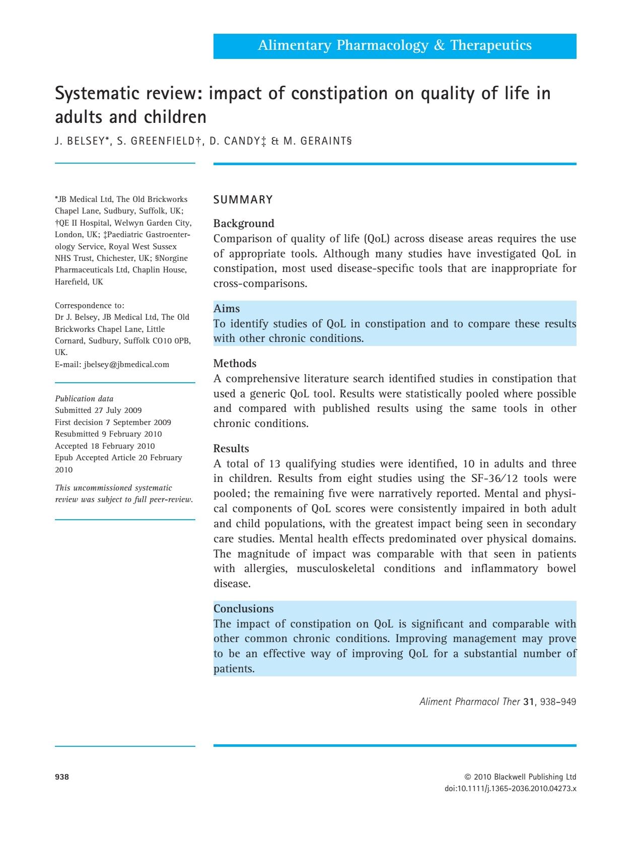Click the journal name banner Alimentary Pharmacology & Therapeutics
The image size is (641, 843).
[x=394, y=46]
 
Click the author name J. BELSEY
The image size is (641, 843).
[x=81, y=142]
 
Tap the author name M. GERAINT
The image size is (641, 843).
[x=316, y=142]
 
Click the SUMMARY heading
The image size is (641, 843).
[x=243, y=200]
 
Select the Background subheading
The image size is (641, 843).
[x=244, y=223]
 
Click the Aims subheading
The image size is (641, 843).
[x=227, y=308]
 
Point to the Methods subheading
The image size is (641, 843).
[x=235, y=363]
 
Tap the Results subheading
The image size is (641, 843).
[x=231, y=448]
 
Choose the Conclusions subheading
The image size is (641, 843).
[x=244, y=608]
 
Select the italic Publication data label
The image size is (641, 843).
[x=84, y=398]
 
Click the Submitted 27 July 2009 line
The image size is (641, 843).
[x=98, y=410]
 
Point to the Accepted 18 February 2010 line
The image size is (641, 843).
[x=105, y=446]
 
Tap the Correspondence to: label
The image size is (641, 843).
[x=90, y=306]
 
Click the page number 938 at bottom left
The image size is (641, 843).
[x=62, y=777]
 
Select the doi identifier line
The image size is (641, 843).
[x=511, y=789]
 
